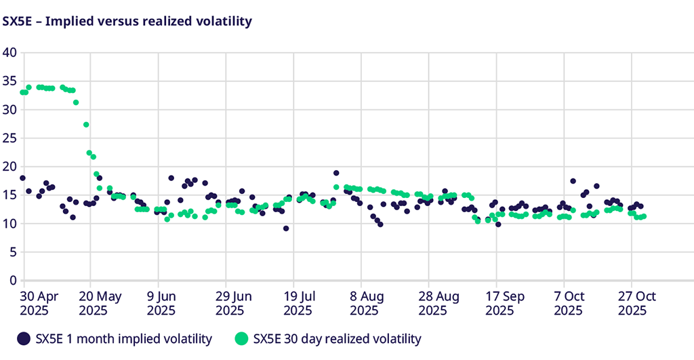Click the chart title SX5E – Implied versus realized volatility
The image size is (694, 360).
click(127, 21)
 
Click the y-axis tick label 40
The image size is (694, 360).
click(9, 52)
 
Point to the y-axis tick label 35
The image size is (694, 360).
click(9, 81)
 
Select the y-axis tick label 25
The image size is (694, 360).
click(9, 138)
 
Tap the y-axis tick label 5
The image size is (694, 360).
click(12, 252)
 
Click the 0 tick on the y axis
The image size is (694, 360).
click(12, 280)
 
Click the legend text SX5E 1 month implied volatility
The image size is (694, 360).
click(124, 338)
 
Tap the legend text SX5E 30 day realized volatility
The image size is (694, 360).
click(337, 338)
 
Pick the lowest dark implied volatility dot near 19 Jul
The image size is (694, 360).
click(286, 228)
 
